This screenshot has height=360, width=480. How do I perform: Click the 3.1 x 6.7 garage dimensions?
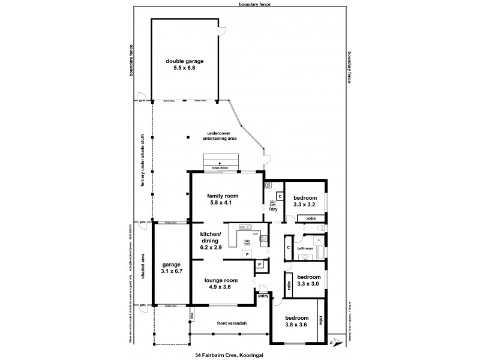pyautogui.click(x=172, y=271)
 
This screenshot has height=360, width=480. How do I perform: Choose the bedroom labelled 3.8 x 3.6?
pyautogui.click(x=296, y=317)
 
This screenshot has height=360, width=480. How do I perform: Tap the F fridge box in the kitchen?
pyautogui.click(x=247, y=255)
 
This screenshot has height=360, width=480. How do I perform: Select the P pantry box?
pyautogui.click(x=260, y=264)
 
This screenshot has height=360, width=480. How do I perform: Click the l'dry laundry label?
pyautogui.click(x=273, y=209)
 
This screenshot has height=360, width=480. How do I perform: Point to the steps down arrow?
pyautogui.click(x=220, y=163)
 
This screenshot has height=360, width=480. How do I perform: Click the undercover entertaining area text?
pyautogui.click(x=221, y=136)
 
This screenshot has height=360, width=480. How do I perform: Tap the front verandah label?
pyautogui.click(x=232, y=323)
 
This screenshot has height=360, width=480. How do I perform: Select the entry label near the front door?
pyautogui.click(x=262, y=296)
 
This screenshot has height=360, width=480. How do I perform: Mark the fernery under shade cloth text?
pyautogui.click(x=143, y=160)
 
